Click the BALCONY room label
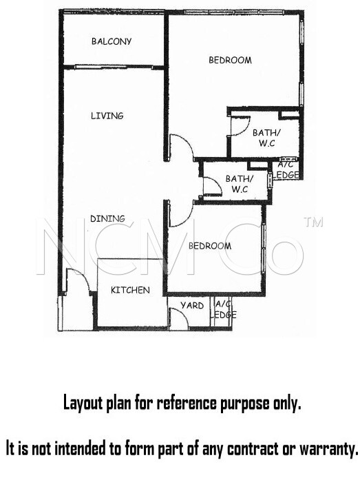(112, 41)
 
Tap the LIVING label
(107, 116)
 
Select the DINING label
(107, 218)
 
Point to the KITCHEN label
(130, 290)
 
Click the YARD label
(192, 305)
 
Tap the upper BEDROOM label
(230, 60)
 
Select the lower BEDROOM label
(210, 246)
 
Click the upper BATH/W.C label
(266, 138)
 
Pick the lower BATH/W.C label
(240, 184)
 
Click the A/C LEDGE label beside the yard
(224, 309)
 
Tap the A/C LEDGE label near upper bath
(287, 170)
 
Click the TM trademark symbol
(313, 222)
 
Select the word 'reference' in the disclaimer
(187, 403)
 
